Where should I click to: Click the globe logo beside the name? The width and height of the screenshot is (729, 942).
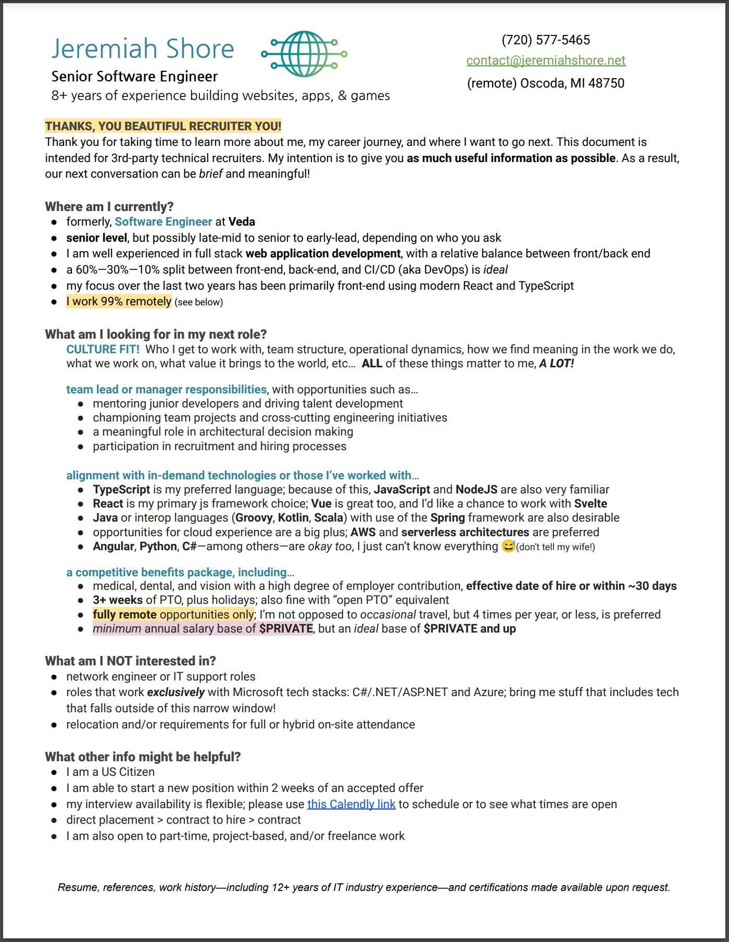click(x=305, y=54)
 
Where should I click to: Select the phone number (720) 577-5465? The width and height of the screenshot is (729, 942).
click(x=545, y=40)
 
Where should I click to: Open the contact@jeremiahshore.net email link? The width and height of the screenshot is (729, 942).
click(x=545, y=60)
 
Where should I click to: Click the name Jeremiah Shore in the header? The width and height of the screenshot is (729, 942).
click(x=143, y=49)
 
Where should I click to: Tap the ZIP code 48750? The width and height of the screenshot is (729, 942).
click(x=606, y=83)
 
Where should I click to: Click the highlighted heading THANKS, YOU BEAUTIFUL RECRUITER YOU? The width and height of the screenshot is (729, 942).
click(x=163, y=126)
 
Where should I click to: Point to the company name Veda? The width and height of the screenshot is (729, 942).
click(x=242, y=222)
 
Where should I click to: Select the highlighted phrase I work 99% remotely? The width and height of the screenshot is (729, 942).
click(x=119, y=302)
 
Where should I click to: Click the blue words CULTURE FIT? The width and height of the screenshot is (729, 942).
click(x=103, y=350)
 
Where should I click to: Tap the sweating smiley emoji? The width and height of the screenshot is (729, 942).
click(x=508, y=546)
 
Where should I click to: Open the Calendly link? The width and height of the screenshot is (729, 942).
click(x=351, y=804)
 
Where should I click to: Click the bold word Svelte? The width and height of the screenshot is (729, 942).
click(x=590, y=504)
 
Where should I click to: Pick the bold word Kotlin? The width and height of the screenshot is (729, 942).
click(x=293, y=518)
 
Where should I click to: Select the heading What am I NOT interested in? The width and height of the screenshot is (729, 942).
click(x=130, y=661)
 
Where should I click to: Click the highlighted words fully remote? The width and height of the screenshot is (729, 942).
click(x=124, y=615)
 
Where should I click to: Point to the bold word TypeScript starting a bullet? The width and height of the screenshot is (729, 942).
click(x=121, y=490)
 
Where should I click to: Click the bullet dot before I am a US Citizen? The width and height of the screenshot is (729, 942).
click(x=54, y=773)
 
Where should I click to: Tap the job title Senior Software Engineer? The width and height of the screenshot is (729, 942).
click(x=134, y=77)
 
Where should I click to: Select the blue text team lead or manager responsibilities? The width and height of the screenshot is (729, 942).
click(x=166, y=390)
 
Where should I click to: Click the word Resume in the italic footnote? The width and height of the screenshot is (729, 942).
click(x=77, y=887)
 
